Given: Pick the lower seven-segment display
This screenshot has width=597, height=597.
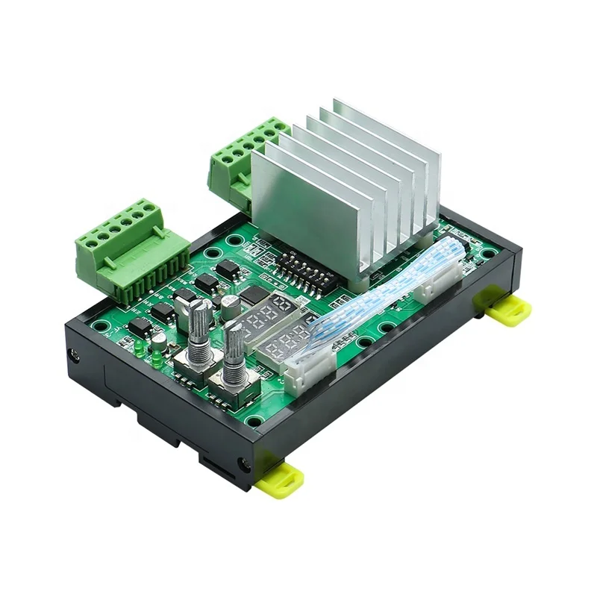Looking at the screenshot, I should pyautogui.click(x=287, y=343).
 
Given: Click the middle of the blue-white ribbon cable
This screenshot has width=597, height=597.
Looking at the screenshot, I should pyautogui.click(x=373, y=306).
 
